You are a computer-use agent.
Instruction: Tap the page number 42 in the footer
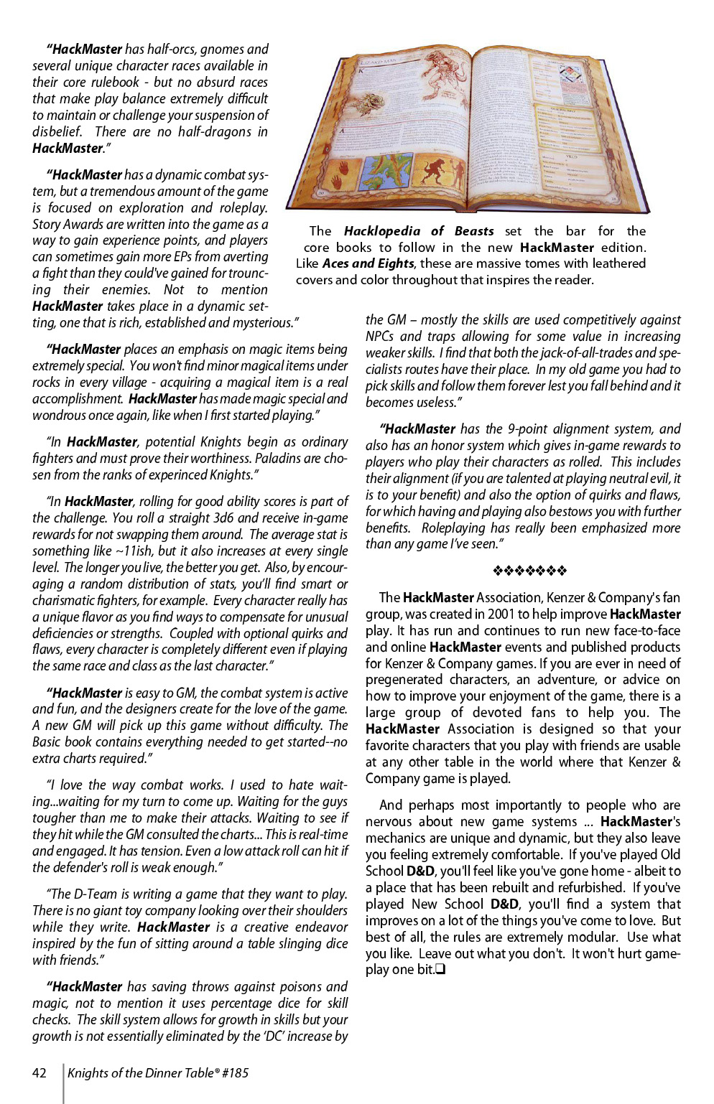(x=40, y=1072)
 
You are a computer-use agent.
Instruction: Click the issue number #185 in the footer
(x=234, y=1072)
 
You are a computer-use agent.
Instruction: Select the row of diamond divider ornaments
(x=530, y=571)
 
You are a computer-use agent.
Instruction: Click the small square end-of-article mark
(x=440, y=970)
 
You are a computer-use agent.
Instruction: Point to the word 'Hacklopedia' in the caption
(x=381, y=230)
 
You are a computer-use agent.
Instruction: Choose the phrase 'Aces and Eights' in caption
(x=368, y=263)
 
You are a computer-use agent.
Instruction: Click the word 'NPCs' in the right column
(x=380, y=336)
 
